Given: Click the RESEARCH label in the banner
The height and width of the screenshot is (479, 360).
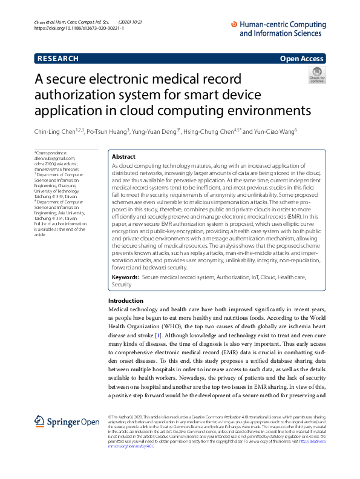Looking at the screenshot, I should tap(57, 59).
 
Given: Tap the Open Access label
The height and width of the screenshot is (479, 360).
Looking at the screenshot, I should tap(301, 59).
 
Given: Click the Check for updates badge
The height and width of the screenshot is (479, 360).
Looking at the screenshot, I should tap(316, 76).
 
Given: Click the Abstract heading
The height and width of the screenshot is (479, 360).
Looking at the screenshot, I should tap(124, 156).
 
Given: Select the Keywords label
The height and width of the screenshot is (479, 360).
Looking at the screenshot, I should tap(125, 277).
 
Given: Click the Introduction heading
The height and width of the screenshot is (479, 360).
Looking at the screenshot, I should tap(126, 301).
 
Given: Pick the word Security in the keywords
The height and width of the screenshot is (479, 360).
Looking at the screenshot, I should tap(122, 284).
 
